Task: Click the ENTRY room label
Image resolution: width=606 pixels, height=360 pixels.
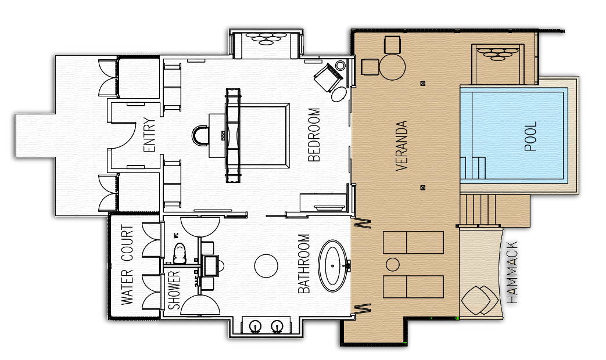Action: point(149,135)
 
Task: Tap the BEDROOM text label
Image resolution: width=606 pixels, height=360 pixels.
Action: point(314,135)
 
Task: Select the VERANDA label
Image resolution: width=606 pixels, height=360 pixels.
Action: point(402,146)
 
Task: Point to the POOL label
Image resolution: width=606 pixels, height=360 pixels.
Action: point(530,136)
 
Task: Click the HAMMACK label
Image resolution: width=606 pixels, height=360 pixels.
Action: point(512,272)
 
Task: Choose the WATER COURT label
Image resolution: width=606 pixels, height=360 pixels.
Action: point(127,265)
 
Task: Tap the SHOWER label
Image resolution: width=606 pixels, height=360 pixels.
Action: point(174,290)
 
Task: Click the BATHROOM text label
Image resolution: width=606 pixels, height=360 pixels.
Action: point(304,264)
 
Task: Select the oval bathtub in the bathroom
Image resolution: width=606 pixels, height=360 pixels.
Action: point(333,266)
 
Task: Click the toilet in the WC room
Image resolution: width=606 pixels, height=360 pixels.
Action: point(179,253)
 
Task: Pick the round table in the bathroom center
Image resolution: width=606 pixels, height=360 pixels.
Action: point(266,266)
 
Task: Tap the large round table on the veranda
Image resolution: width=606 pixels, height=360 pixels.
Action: point(392,66)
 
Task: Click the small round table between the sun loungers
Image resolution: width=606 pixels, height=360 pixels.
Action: point(393,265)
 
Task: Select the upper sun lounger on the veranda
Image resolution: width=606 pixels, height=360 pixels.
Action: point(413,242)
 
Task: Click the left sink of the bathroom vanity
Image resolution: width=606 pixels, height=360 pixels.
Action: point(255,327)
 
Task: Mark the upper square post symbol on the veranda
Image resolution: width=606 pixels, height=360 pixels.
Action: point(423,83)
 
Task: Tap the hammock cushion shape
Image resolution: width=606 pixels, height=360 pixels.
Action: point(479,300)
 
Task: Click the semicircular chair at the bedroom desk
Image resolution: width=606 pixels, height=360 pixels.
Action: point(201,135)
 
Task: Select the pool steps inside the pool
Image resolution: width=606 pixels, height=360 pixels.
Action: point(473,167)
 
